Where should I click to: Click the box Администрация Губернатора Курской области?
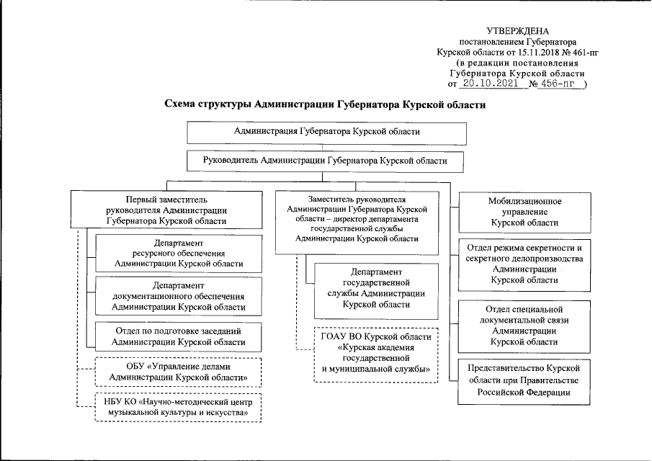pos(327,133)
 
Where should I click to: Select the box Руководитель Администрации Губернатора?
pos(326,161)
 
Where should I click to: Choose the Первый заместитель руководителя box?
pos(166,210)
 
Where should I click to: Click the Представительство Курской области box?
pos(524,380)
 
